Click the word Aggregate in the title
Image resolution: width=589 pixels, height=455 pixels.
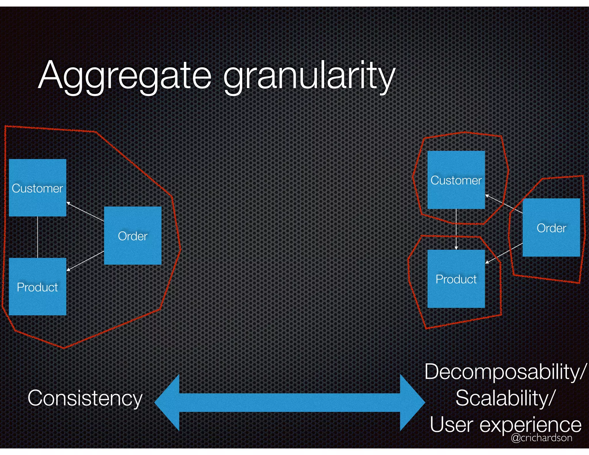[x=125, y=75]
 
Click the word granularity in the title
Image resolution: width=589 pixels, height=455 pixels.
[x=309, y=76]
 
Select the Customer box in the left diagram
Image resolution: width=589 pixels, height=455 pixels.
[x=38, y=188]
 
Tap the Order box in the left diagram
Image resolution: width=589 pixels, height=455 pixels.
[x=133, y=236]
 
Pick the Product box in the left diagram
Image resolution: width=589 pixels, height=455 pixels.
[x=38, y=287]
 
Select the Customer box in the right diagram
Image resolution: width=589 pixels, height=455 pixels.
[x=456, y=180]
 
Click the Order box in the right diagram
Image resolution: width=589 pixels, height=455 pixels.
[x=551, y=227]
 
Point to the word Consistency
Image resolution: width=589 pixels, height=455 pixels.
[x=85, y=398]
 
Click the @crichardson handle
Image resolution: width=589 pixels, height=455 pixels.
[x=542, y=438]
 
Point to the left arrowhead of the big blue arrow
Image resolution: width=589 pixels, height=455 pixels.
[x=168, y=403]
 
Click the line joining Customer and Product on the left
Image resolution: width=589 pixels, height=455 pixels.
[x=38, y=237]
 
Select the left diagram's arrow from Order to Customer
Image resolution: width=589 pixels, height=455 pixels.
[x=85, y=212]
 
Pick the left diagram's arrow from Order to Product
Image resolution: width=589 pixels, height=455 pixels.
[x=85, y=261]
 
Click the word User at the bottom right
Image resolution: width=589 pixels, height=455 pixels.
[x=451, y=425]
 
